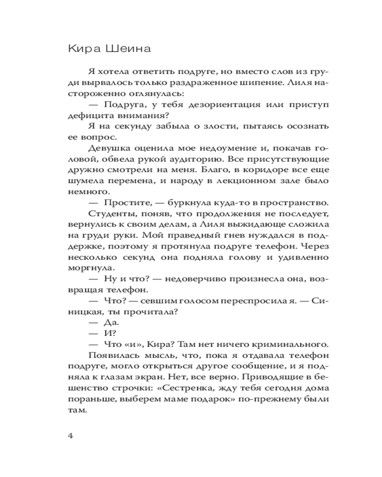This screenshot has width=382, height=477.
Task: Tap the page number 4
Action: (x=71, y=436)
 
